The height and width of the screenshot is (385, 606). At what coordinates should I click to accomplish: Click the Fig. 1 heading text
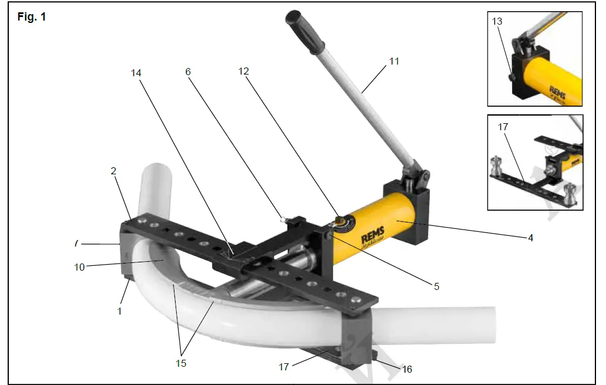pos(32,17)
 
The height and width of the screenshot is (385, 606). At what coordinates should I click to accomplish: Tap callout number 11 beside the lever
pos(394,60)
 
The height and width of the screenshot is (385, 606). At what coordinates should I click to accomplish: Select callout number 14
pos(136,73)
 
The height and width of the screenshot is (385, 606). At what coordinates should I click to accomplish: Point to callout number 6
pos(188,71)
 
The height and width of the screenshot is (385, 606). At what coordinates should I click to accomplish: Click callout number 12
pos(243,71)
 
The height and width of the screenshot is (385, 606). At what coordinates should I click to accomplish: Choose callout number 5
pos(436,286)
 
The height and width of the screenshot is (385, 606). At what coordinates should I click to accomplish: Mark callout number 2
pos(114,171)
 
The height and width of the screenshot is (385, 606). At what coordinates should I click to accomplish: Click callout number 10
pos(80,266)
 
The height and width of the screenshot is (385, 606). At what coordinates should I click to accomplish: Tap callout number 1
pos(120,311)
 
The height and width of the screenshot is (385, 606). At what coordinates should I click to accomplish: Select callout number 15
pos(181,363)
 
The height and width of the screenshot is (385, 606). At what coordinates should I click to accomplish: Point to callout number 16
pos(407,369)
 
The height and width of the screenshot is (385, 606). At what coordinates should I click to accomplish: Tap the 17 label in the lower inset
pos(502,126)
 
